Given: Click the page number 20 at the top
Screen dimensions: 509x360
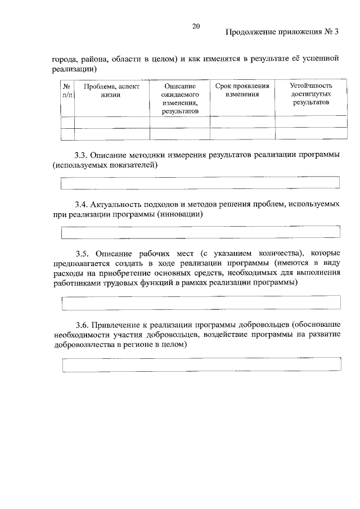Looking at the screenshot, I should point(196,26).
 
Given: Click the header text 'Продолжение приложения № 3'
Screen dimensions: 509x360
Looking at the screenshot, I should point(282,32).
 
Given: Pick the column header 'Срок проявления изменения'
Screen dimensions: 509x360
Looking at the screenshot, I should point(242,91).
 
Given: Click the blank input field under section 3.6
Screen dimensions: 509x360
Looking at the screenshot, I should point(201,364).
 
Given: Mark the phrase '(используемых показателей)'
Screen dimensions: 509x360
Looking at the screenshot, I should point(104,165).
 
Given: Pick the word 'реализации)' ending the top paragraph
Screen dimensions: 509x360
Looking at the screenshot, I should point(74,69).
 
